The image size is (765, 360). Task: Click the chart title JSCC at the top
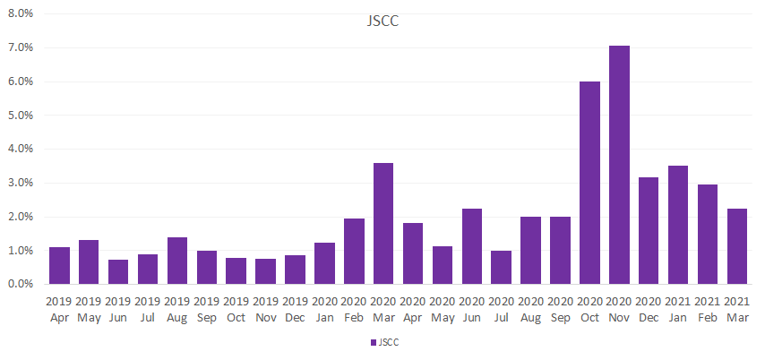click(x=383, y=21)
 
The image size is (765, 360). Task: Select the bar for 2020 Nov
click(x=619, y=165)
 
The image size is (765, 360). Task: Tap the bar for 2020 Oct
click(x=589, y=183)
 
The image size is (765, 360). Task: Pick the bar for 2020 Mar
click(x=383, y=223)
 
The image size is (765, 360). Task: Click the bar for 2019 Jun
click(x=118, y=271)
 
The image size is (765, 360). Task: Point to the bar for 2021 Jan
click(x=678, y=225)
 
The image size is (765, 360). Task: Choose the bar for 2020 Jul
click(x=502, y=268)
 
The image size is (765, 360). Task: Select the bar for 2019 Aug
click(x=177, y=261)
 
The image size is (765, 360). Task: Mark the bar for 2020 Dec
click(x=649, y=231)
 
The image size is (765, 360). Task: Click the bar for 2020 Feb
click(x=354, y=252)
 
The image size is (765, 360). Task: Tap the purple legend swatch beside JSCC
click(x=374, y=342)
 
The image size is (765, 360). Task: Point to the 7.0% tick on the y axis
click(x=20, y=47)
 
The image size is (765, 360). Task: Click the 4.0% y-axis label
click(x=20, y=149)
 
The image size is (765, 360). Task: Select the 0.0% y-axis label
click(x=20, y=284)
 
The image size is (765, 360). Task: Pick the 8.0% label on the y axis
click(x=20, y=13)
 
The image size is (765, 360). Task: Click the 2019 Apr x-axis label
click(x=59, y=310)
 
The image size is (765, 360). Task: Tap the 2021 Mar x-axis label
click(x=737, y=310)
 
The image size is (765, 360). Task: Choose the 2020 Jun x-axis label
click(x=472, y=310)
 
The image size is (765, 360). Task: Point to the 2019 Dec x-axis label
click(x=296, y=310)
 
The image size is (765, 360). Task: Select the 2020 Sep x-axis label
click(x=561, y=310)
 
